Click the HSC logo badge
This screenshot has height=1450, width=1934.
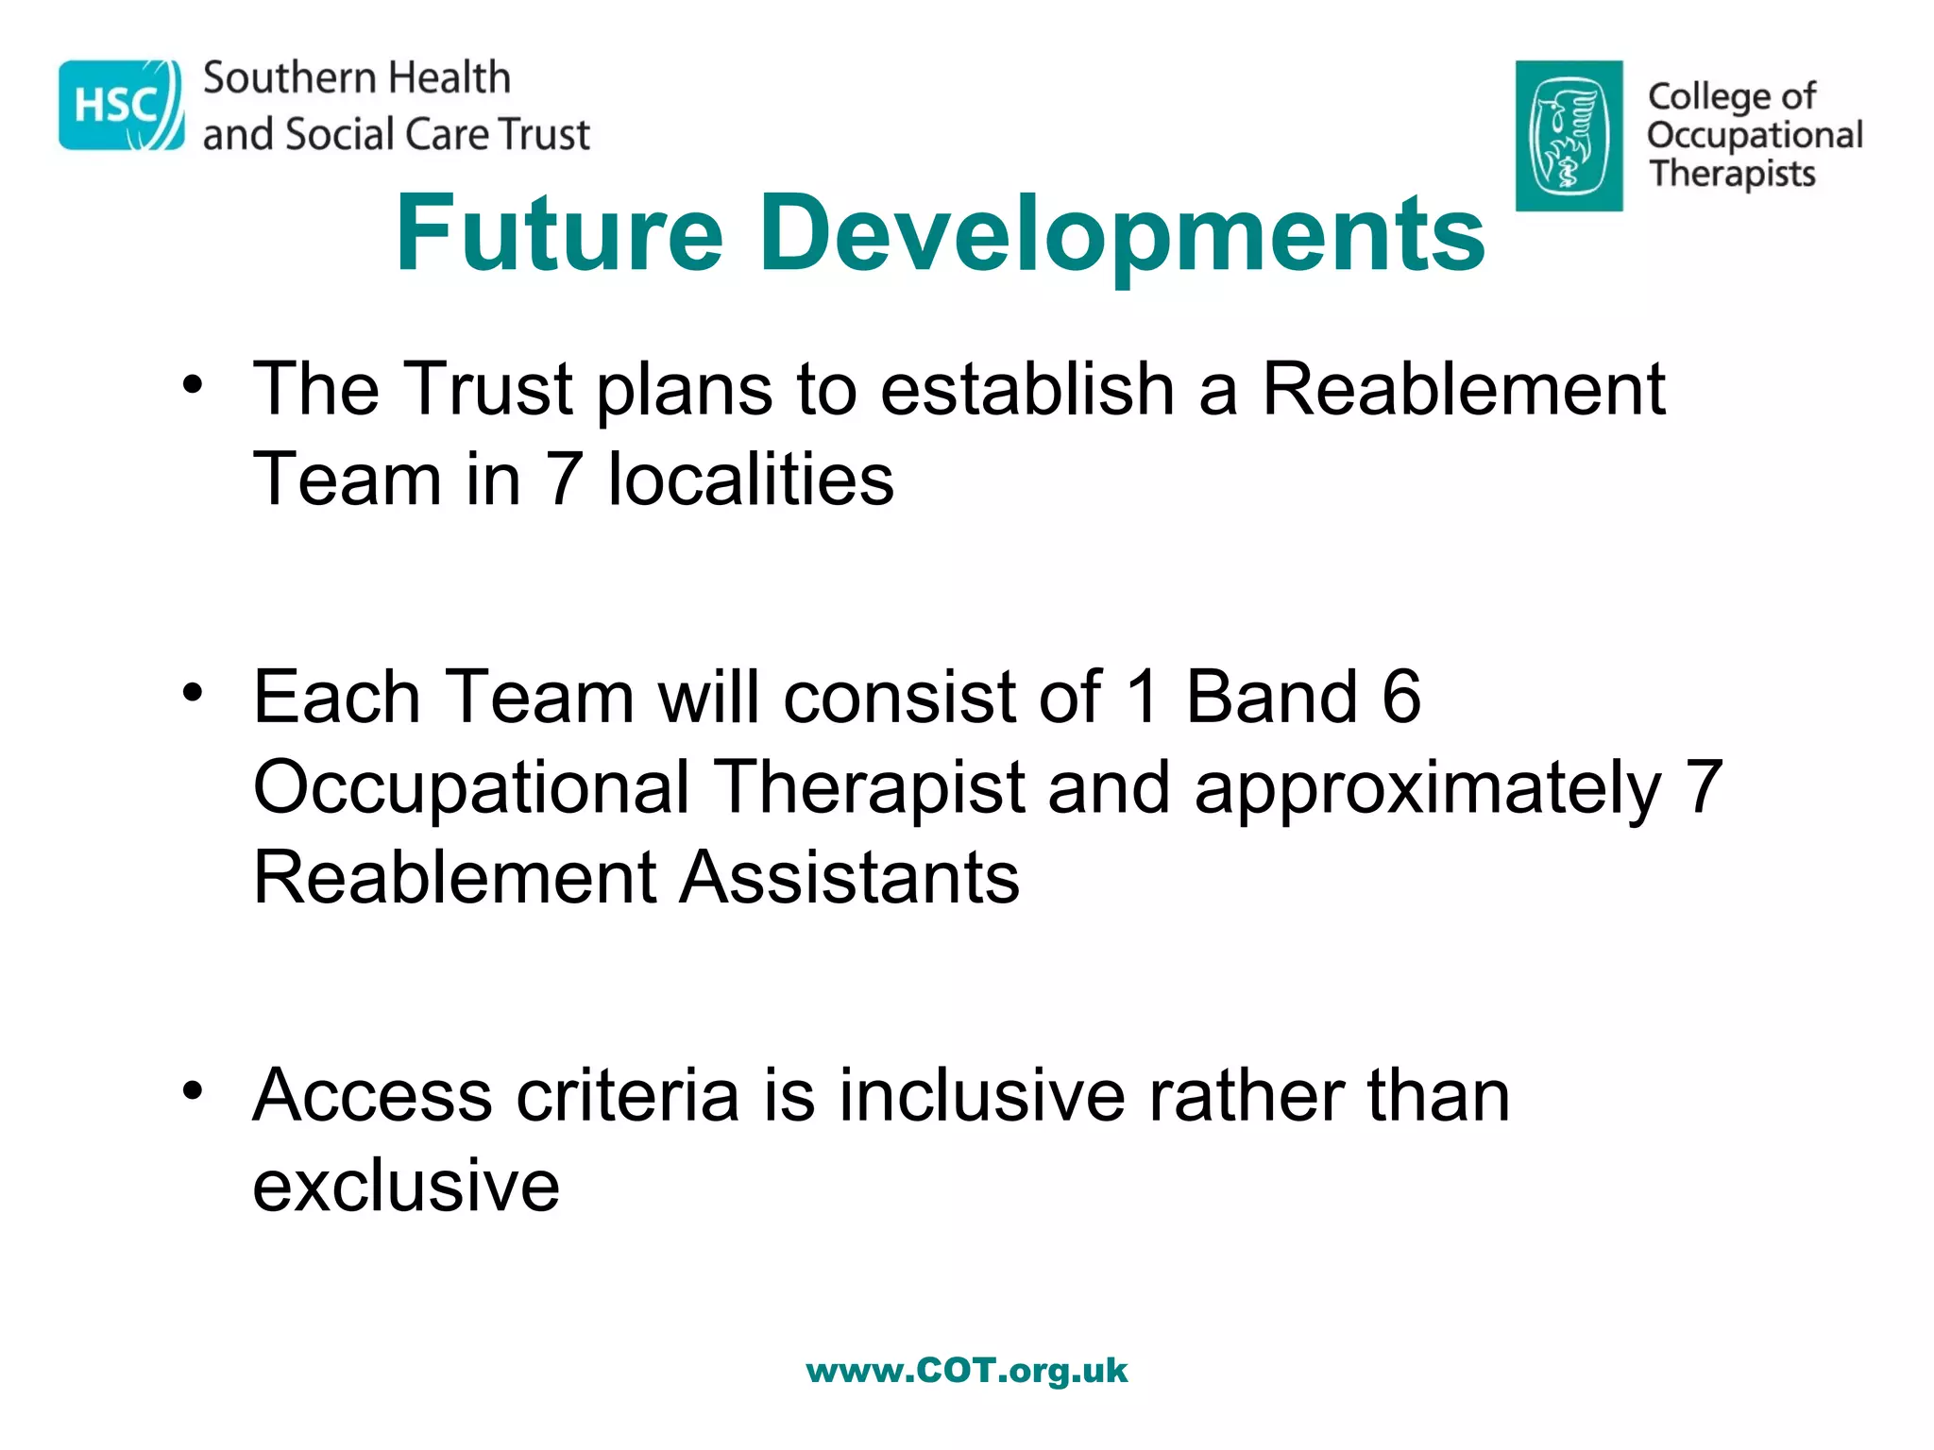(x=121, y=105)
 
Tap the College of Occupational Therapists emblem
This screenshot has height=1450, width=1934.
(x=1569, y=136)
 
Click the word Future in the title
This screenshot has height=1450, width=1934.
(x=559, y=233)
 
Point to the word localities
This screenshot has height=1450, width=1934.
(x=750, y=480)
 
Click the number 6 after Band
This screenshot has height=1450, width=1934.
(x=1400, y=697)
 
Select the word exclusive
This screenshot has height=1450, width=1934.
(x=406, y=1186)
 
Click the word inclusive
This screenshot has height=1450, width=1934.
(x=982, y=1095)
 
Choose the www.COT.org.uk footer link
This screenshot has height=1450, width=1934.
(x=966, y=1370)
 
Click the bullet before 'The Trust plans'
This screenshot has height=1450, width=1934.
(x=193, y=386)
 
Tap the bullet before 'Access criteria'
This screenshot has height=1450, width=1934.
(x=193, y=1092)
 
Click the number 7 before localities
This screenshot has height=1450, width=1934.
(x=564, y=480)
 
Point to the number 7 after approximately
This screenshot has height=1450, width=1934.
(x=1704, y=787)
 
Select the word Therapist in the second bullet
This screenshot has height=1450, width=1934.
(x=869, y=787)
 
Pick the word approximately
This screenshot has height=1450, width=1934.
(x=1427, y=789)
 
